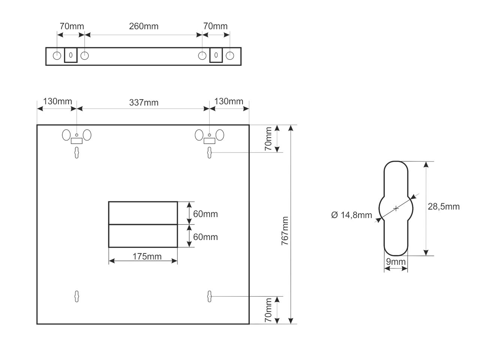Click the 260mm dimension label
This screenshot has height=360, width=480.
pyautogui.click(x=144, y=26)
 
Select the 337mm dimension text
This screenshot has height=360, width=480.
pyautogui.click(x=144, y=102)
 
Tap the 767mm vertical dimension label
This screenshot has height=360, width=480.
pyautogui.click(x=285, y=231)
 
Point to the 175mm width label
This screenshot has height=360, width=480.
pyautogui.click(x=147, y=256)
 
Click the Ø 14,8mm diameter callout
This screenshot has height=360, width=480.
pyautogui.click(x=351, y=215)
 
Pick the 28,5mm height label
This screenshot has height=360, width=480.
pyautogui.click(x=444, y=207)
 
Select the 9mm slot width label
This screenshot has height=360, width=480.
pyautogui.click(x=396, y=262)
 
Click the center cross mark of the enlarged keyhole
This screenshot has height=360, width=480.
pyautogui.click(x=396, y=208)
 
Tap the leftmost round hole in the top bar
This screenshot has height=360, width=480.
pyautogui.click(x=57, y=56)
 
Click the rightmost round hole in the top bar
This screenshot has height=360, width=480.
pyautogui.click(x=229, y=56)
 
